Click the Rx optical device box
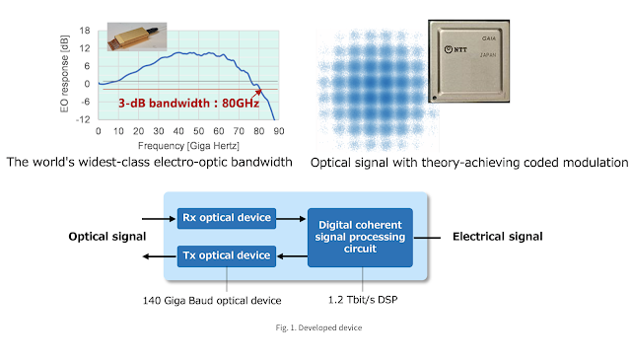click(x=227, y=218)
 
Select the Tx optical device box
click(x=227, y=256)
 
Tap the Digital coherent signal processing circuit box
click(x=360, y=237)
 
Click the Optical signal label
click(x=107, y=237)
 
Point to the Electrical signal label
click(x=497, y=237)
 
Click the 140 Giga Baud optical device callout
click(x=212, y=301)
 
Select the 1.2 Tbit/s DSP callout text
click(x=363, y=300)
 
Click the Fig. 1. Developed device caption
click(x=318, y=327)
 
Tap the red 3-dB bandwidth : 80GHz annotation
click(x=188, y=104)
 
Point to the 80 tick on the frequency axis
click(x=258, y=131)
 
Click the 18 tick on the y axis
click(x=85, y=31)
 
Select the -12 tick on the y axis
click(x=83, y=119)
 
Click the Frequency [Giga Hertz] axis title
click(x=188, y=146)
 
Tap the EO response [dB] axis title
click(x=64, y=74)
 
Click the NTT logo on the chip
click(x=456, y=49)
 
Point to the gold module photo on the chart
click(x=137, y=36)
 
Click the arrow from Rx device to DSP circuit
click(x=292, y=219)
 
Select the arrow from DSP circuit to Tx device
click(x=293, y=256)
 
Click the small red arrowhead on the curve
click(x=258, y=92)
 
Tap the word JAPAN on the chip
click(x=488, y=55)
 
